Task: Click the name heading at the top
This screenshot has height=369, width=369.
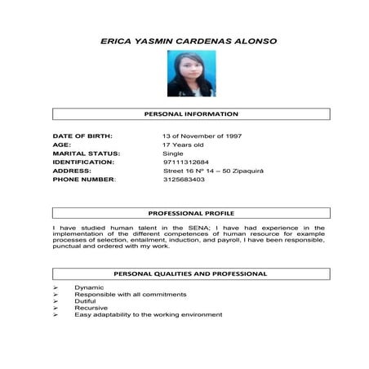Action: [x=187, y=39]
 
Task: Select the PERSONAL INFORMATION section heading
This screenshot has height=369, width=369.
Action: [x=190, y=113]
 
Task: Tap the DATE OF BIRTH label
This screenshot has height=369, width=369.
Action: [x=82, y=135]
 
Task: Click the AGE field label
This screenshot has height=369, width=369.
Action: [x=62, y=144]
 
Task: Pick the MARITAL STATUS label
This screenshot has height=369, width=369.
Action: [x=87, y=153]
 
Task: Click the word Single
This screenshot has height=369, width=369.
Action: [x=173, y=153]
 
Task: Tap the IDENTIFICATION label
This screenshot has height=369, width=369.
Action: [x=84, y=162]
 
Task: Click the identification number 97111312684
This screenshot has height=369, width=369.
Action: [x=186, y=162]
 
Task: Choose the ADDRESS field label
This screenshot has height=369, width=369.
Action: [x=72, y=171]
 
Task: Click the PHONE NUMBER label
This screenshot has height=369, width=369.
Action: [x=84, y=180]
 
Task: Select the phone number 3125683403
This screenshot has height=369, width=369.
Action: [x=184, y=180]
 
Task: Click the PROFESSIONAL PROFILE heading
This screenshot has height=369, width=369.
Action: [x=190, y=213]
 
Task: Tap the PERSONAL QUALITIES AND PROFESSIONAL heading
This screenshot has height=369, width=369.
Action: [x=190, y=273]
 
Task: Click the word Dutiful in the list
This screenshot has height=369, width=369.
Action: [x=85, y=301]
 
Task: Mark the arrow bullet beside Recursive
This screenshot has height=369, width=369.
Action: [x=56, y=308]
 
